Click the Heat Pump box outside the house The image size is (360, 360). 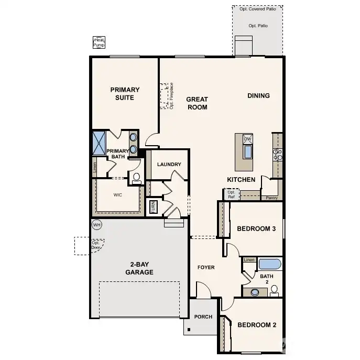pos(99,43)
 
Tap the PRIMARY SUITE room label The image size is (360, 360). pos(125,94)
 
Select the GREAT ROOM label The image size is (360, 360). pos(197,103)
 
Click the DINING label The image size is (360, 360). pos(258,95)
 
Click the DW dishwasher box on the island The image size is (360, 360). pos(247,139)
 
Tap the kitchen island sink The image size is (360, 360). pos(247,152)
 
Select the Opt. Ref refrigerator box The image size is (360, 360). pos(231,194)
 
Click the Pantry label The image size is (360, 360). pos(271,198)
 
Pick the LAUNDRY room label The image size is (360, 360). pos(169,165)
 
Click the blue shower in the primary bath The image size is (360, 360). pos(100,143)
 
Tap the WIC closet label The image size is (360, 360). pos(117,194)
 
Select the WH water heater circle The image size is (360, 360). pos(96,225)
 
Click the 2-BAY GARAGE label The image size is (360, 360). pos(139,268)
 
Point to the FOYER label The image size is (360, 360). pos(206,267)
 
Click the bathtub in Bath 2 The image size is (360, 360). pos(270,264)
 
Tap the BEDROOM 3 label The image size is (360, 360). pos(256,228)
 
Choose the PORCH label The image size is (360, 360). pos(203,317)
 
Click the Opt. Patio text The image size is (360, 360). pos(258,26)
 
